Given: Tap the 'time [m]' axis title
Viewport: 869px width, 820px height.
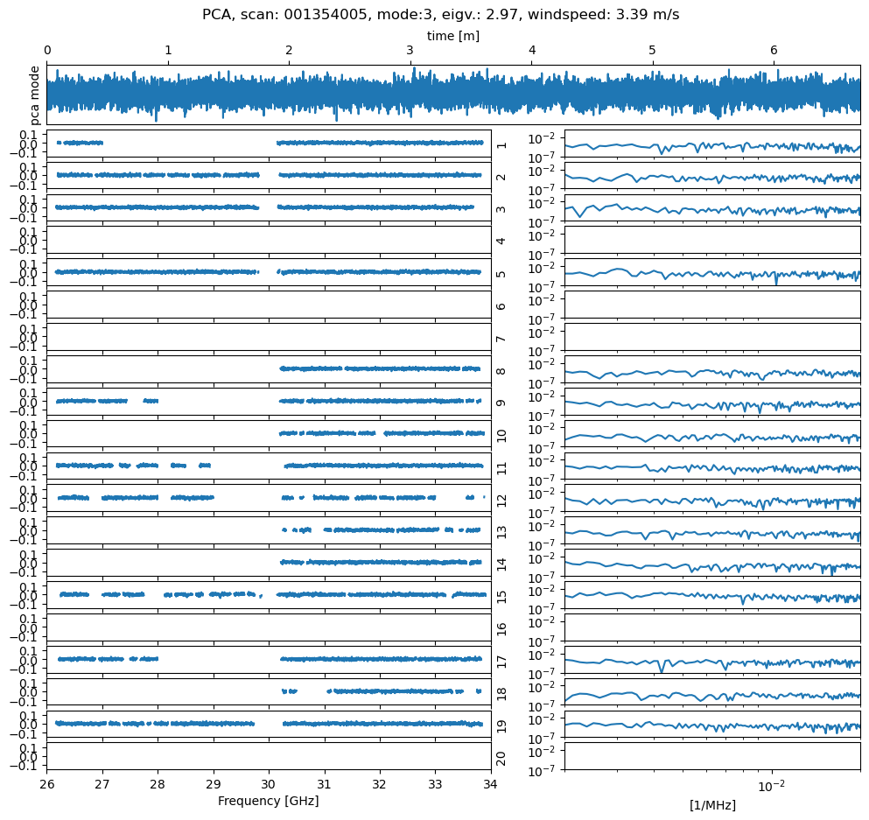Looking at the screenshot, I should coord(452,36).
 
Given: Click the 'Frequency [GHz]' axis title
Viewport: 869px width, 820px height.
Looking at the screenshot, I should coord(268,801).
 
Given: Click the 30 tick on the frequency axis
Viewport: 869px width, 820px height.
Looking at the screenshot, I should coord(269,783).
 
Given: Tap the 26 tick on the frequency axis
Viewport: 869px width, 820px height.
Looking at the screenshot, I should coord(47,783).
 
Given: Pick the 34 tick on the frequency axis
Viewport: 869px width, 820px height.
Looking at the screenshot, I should coord(490,783).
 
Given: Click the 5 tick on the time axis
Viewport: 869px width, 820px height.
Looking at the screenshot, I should coord(652,51).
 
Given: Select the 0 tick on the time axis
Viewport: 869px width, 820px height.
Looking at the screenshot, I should coord(47,51).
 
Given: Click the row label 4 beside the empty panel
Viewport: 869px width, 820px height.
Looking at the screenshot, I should coord(501,240).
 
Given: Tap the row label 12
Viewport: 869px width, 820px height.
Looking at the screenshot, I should coord(501,499).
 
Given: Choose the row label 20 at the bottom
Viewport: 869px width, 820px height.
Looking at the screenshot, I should coord(501,757).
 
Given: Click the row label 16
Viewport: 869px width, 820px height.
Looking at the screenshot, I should coord(501,628).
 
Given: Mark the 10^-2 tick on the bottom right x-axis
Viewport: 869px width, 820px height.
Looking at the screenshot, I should coord(771,785).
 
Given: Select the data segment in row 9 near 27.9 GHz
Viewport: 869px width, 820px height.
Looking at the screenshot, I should coord(151,401).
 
